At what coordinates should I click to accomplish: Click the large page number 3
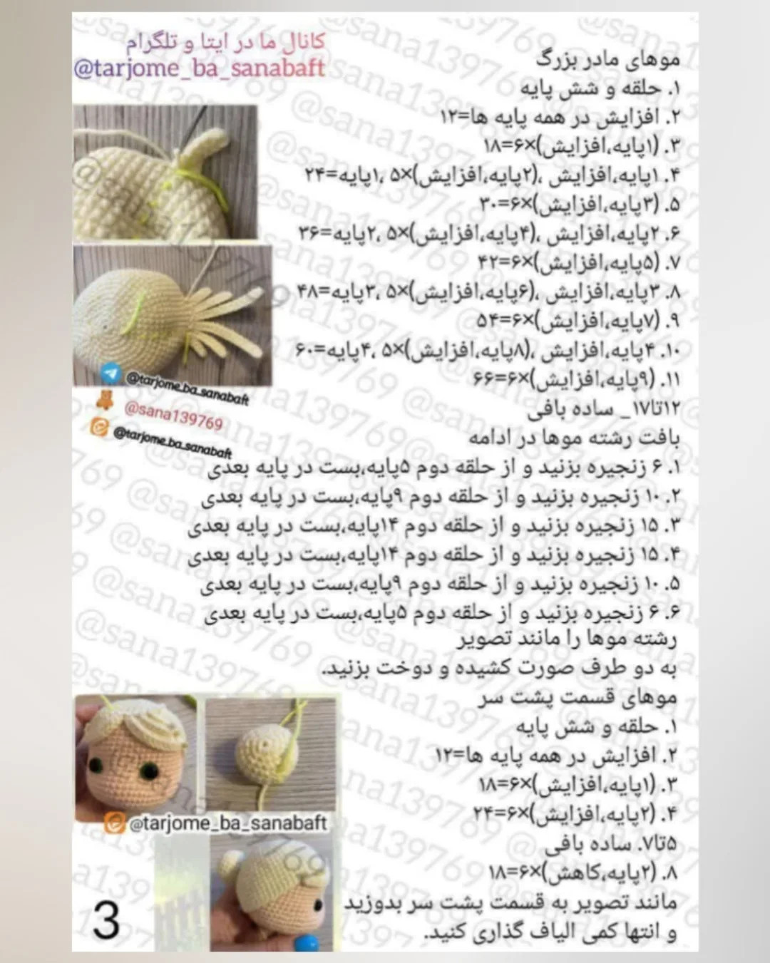(x=106, y=920)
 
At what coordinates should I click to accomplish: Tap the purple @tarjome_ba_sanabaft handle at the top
(x=199, y=69)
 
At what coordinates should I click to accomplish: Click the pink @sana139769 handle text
(x=173, y=415)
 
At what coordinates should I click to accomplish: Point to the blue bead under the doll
(x=307, y=942)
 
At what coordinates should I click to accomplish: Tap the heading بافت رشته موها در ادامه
(x=575, y=436)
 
